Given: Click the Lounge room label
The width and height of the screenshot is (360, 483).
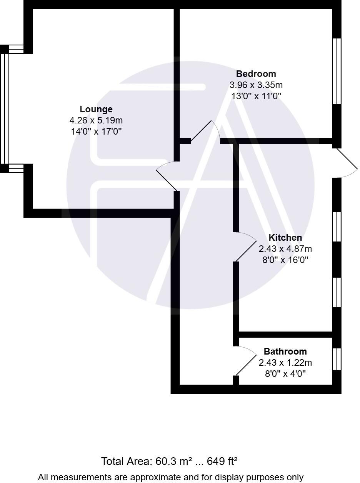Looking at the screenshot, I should [x=96, y=109].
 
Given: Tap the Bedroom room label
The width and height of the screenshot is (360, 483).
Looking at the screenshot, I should [x=256, y=74].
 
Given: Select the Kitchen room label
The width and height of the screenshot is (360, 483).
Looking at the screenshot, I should [x=285, y=238].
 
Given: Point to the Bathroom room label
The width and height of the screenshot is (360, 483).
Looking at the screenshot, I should [x=285, y=351].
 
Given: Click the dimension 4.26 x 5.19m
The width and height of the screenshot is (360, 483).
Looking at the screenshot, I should [x=96, y=120].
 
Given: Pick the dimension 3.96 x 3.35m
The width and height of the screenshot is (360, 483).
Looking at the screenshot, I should [x=256, y=85].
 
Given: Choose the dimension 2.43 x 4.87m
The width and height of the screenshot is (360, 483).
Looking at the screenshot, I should [x=285, y=249].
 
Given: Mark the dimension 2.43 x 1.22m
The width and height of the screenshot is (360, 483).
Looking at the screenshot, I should [x=285, y=363].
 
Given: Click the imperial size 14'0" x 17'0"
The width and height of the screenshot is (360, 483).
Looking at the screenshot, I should [x=96, y=132].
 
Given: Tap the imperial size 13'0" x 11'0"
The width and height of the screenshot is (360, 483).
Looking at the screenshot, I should [x=256, y=96].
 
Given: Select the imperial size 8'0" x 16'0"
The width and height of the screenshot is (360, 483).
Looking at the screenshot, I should [x=285, y=260].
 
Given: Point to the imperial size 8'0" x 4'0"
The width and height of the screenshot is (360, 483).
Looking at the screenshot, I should [x=285, y=374].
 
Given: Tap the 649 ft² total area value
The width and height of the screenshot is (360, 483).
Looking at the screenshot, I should [x=222, y=461].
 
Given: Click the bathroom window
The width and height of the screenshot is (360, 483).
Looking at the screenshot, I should [x=337, y=359].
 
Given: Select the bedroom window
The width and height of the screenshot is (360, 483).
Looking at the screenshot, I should [x=337, y=71].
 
